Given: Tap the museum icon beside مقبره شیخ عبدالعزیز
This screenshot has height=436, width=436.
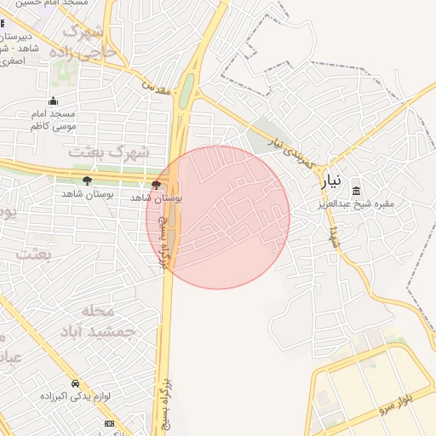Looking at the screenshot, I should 355,190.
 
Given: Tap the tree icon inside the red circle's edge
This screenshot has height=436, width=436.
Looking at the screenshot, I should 155,184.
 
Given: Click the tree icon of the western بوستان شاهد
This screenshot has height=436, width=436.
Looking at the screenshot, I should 87,181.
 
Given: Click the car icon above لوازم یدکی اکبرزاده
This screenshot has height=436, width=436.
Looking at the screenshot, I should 76,384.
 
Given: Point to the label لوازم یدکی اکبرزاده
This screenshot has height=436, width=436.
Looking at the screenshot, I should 76,397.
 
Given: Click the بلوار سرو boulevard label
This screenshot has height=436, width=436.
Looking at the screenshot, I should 399,404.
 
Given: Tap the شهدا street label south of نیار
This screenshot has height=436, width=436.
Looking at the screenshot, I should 336,235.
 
